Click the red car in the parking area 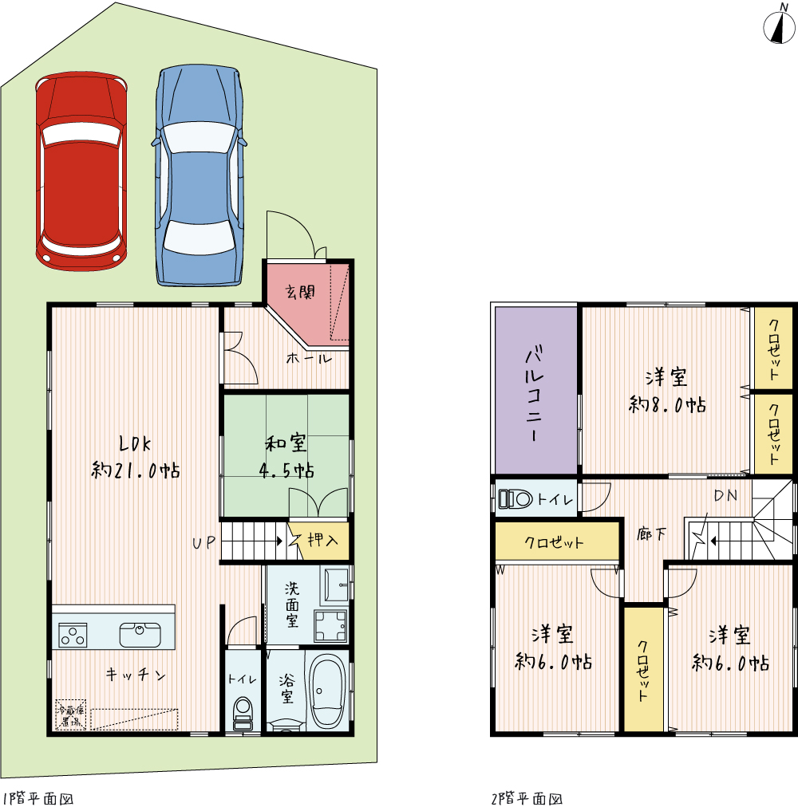pos(81,171)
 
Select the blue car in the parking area pos(199,175)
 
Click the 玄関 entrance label pos(300,293)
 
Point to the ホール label pos(309,359)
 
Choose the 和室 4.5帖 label pos(286,457)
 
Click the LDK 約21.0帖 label pos(136,457)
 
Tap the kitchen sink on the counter pos(140,635)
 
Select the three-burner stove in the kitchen pos(73,635)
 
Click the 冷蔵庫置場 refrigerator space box pos(70,714)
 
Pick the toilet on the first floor pos(243,714)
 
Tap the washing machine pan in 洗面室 pos(330,625)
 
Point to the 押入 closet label pos(323,540)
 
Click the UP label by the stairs pos(204,542)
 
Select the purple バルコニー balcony pos(535,391)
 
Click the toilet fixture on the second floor pos(516,498)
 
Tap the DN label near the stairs pos(725,496)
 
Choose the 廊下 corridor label pos(651,534)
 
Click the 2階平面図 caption pos(527,798)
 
